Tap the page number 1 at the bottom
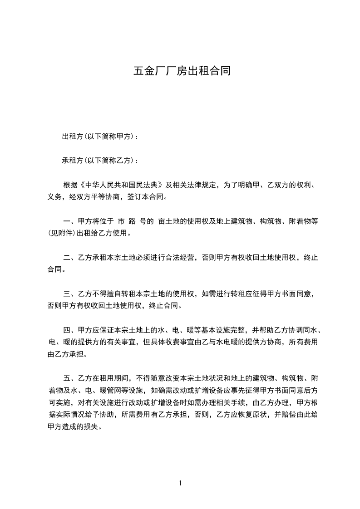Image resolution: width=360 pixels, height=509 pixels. tap(180, 483)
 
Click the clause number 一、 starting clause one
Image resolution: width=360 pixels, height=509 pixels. tap(70, 222)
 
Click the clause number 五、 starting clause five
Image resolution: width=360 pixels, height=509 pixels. tap(70, 378)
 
